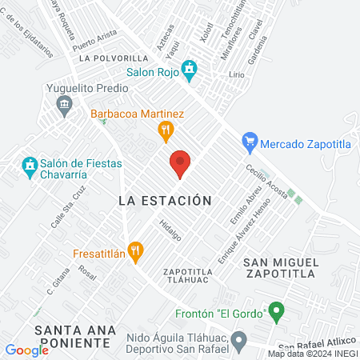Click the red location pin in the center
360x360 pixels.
point(180,164)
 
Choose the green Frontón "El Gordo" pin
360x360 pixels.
point(276,309)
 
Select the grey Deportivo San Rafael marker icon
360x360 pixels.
point(238,342)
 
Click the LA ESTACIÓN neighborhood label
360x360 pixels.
point(165,201)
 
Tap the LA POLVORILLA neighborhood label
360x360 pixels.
point(110,58)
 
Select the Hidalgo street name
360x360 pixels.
point(170,230)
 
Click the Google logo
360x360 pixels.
point(27,350)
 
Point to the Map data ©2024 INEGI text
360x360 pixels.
point(312,354)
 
